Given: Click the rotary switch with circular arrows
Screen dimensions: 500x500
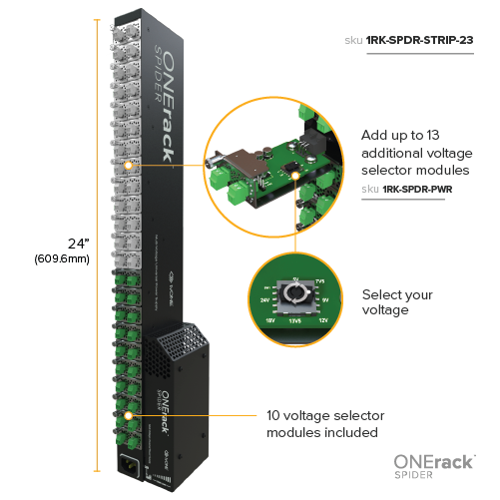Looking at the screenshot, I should pos(294,296).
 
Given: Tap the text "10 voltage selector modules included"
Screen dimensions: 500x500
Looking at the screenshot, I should pos(325,423).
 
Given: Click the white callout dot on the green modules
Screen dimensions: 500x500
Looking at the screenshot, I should pos(129,411).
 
